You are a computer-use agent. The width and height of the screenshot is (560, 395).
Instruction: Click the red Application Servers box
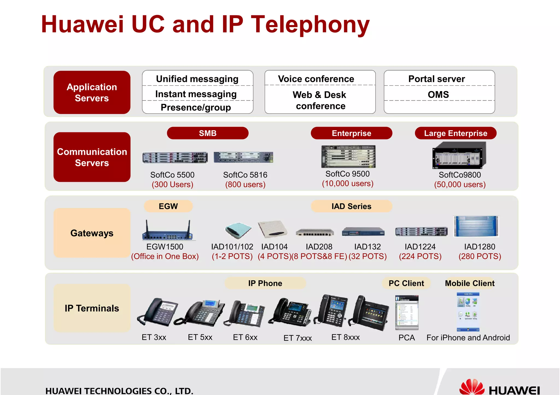[92, 93]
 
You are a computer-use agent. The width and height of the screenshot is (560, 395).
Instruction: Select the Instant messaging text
[196, 94]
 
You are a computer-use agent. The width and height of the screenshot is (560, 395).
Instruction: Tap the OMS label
[438, 94]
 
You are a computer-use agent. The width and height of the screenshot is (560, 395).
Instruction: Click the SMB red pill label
[208, 133]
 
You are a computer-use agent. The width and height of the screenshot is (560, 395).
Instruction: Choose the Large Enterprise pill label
[455, 133]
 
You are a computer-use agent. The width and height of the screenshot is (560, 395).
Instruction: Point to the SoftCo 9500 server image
[348, 156]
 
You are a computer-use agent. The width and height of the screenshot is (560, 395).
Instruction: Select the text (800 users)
[245, 185]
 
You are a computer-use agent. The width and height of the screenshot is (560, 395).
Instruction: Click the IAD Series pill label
[351, 206]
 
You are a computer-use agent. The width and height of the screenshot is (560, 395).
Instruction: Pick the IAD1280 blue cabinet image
[476, 226]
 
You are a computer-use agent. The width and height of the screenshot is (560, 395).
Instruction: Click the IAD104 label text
[274, 247]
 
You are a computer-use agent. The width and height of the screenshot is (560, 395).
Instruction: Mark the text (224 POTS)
[420, 256]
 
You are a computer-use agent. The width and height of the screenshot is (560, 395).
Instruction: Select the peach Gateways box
[92, 233]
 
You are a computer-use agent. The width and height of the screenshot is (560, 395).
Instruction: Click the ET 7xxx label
[297, 338]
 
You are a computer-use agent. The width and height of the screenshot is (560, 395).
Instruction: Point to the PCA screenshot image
[407, 313]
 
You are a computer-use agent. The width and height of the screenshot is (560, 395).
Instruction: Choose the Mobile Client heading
[469, 283]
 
